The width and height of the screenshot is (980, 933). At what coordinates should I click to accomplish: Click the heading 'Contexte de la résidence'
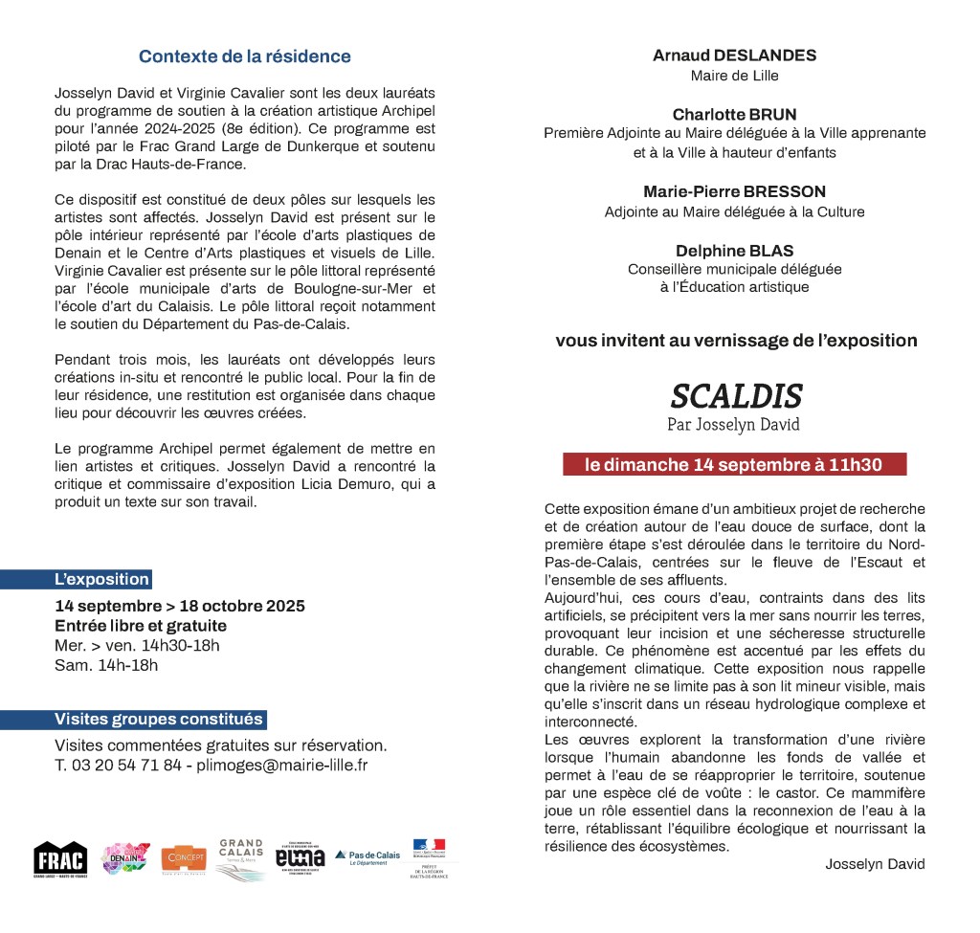[244, 56]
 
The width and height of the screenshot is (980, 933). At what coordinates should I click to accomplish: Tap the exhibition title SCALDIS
[735, 395]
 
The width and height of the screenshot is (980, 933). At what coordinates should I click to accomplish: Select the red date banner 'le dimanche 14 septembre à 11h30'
[733, 465]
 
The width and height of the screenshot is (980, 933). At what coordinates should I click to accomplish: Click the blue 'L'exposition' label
[101, 579]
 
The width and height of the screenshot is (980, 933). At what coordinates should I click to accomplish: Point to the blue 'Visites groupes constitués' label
[158, 720]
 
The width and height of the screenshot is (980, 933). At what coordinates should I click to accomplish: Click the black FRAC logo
[60, 859]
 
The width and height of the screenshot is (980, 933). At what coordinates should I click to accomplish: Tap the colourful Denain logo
[125, 858]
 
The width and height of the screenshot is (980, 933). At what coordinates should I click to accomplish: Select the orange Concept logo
[184, 858]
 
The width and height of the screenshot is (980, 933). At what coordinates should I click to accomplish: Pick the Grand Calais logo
[240, 858]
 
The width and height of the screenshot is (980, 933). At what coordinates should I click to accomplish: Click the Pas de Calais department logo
[367, 857]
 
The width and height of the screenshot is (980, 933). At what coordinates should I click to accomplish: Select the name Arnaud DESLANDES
[734, 56]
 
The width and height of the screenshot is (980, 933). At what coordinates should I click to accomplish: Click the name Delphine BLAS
[734, 251]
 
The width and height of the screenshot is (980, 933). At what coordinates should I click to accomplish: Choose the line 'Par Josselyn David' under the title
[733, 424]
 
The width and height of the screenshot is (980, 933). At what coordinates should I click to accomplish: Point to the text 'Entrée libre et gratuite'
[141, 626]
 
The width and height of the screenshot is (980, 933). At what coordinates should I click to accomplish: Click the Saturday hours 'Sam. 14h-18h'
[106, 665]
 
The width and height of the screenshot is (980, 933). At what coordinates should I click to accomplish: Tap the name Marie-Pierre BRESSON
[734, 191]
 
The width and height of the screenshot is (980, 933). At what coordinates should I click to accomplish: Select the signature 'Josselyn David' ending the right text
[875, 864]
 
